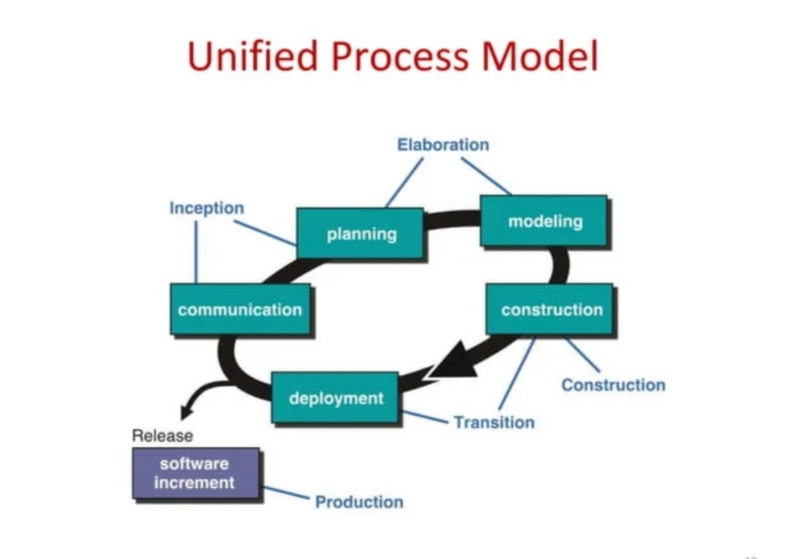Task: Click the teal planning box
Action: [x=360, y=234]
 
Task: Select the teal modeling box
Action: [x=544, y=221]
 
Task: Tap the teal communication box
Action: [x=240, y=309]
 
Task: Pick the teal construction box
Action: [x=551, y=309]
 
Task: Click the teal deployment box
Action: [x=335, y=399]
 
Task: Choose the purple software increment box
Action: [x=195, y=473]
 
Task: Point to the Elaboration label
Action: [x=443, y=145]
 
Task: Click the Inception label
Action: [x=206, y=208]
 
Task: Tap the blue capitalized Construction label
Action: [x=613, y=385]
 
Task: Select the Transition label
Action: [x=494, y=422]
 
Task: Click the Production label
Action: [x=359, y=502]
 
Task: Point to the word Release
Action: [x=163, y=435]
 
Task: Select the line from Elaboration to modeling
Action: [x=486, y=176]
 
